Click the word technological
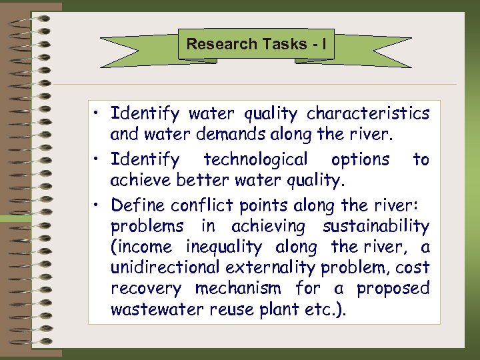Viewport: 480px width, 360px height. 255,160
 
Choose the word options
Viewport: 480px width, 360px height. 361,160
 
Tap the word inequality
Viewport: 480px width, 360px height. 224,247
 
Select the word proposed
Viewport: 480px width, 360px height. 393,289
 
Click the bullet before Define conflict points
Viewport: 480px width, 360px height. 99,203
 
